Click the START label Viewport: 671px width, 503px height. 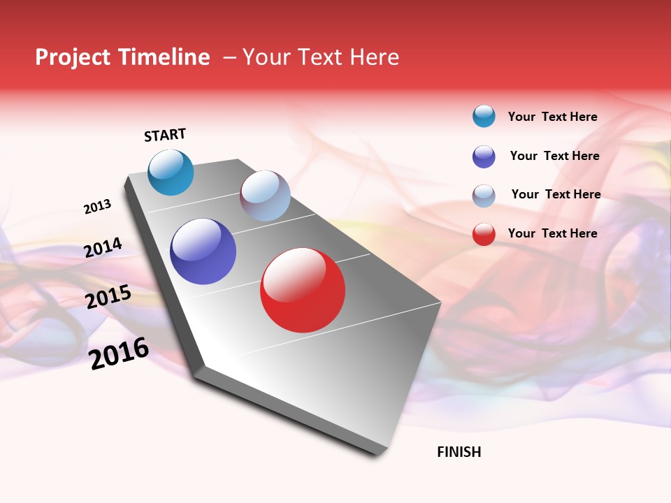(165, 135)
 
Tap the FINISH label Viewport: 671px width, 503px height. (459, 452)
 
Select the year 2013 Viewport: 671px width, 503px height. (97, 207)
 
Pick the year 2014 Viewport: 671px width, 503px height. (103, 247)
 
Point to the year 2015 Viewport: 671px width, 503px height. (108, 297)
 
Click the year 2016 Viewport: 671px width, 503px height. (120, 353)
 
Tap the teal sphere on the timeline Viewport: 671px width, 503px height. (171, 173)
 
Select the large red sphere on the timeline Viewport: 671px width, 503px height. (303, 290)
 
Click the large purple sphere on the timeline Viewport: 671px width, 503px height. (203, 251)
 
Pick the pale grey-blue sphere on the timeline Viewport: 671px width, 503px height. (265, 196)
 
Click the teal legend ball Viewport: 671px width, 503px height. (484, 116)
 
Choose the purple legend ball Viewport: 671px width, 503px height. (484, 156)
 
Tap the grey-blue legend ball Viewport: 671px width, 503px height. (484, 196)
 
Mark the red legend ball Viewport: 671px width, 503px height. (484, 234)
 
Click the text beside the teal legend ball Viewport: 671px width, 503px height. (552, 117)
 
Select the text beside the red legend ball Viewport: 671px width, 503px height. (552, 233)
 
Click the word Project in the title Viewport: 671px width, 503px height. (72, 57)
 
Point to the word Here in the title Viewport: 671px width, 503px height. (374, 57)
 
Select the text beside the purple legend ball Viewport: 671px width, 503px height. (554, 156)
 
